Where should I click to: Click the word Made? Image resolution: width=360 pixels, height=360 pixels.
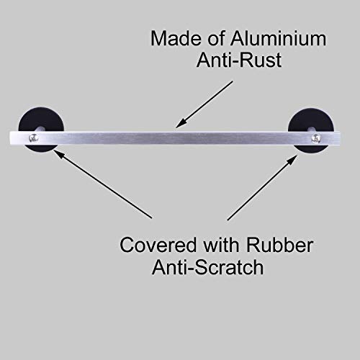[x=176, y=38]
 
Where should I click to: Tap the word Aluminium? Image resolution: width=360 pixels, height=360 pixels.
[x=278, y=38]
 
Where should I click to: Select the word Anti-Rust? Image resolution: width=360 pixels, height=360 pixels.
[x=239, y=60]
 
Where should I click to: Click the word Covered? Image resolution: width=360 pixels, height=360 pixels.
[x=158, y=245]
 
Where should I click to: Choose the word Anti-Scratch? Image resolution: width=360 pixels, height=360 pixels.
[x=208, y=267]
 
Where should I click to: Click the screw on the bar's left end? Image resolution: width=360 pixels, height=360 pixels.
[x=33, y=138]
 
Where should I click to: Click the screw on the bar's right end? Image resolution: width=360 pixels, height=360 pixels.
[x=315, y=138]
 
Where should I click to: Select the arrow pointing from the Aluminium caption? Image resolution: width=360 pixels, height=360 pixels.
[x=204, y=104]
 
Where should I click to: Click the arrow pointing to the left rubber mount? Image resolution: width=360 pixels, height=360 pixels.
[x=102, y=184]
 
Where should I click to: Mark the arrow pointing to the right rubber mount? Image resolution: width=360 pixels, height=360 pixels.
[x=262, y=188]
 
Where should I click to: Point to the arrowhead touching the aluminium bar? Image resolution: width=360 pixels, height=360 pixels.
[x=181, y=123]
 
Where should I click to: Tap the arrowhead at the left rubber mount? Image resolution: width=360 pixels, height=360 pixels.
[x=59, y=154]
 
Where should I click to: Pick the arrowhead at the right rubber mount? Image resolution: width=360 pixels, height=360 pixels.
[x=292, y=161]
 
